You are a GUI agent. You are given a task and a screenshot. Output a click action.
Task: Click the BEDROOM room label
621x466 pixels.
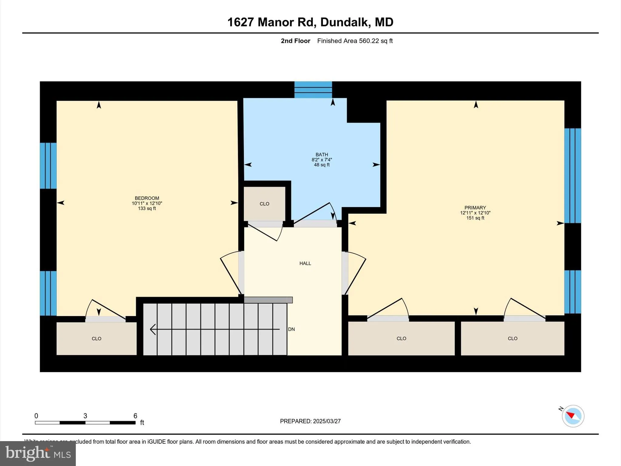(x=147, y=198)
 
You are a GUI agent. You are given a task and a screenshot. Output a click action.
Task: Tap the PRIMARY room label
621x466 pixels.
(x=475, y=208)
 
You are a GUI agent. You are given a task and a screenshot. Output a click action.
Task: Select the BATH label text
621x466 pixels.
(x=321, y=155)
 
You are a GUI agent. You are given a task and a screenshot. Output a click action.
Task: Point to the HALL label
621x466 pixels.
(x=305, y=263)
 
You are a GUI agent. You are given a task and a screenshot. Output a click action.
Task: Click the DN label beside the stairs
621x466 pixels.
(x=291, y=329)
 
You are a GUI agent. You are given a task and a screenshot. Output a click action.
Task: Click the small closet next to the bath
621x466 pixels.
(x=264, y=204)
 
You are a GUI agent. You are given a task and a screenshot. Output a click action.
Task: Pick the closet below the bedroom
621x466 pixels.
(x=96, y=339)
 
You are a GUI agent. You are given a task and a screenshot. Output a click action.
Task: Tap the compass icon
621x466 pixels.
(x=573, y=416)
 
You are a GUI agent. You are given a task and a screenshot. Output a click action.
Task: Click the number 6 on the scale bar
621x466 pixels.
(x=135, y=416)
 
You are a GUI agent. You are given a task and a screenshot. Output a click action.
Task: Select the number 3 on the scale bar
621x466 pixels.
(x=85, y=416)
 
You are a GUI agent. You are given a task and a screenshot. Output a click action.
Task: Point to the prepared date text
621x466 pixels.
(x=310, y=421)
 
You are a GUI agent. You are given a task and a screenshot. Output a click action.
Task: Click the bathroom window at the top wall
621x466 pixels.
(x=313, y=89)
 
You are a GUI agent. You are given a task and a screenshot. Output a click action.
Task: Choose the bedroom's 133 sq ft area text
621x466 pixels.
(x=147, y=209)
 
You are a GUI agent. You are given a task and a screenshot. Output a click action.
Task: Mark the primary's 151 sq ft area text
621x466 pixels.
(x=475, y=218)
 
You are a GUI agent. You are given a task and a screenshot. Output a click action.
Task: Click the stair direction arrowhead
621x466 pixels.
(x=153, y=329)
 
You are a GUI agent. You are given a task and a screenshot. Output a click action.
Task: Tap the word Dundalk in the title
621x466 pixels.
(x=345, y=22)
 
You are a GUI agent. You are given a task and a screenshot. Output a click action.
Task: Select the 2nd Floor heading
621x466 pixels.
(x=295, y=41)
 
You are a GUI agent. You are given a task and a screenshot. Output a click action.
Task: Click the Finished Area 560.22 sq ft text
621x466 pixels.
(x=355, y=41)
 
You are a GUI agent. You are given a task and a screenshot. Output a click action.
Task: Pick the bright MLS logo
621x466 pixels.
(x=38, y=453)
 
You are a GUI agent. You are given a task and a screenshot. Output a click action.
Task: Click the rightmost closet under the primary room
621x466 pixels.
(x=512, y=339)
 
